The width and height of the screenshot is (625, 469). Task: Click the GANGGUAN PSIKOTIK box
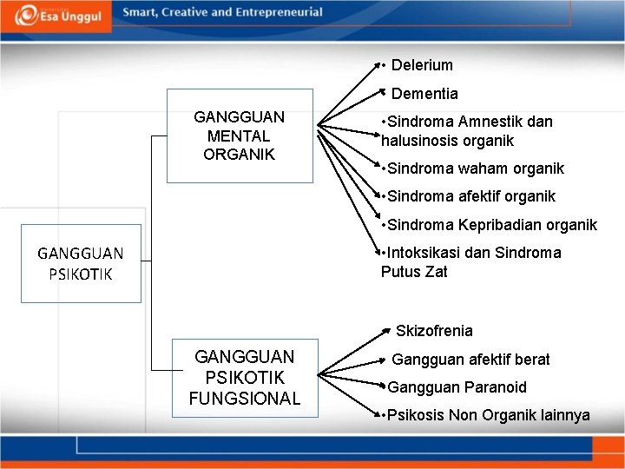click(x=81, y=263)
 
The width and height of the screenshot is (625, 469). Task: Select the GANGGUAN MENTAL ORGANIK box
click(x=239, y=135)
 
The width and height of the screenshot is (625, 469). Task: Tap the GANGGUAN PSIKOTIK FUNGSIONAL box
click(x=244, y=378)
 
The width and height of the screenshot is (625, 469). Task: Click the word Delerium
click(x=422, y=65)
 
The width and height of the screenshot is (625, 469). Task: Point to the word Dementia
click(x=424, y=94)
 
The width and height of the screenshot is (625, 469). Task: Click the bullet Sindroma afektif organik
click(x=470, y=196)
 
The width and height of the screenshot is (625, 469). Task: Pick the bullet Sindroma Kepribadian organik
click(x=491, y=225)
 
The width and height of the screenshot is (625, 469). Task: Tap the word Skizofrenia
click(x=434, y=331)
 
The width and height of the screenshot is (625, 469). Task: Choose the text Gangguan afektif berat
click(x=470, y=360)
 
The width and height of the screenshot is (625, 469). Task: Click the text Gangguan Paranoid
click(x=457, y=387)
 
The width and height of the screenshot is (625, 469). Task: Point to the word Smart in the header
click(x=140, y=12)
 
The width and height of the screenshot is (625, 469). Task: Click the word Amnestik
click(x=492, y=122)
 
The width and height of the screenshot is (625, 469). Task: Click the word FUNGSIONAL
click(x=244, y=399)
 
